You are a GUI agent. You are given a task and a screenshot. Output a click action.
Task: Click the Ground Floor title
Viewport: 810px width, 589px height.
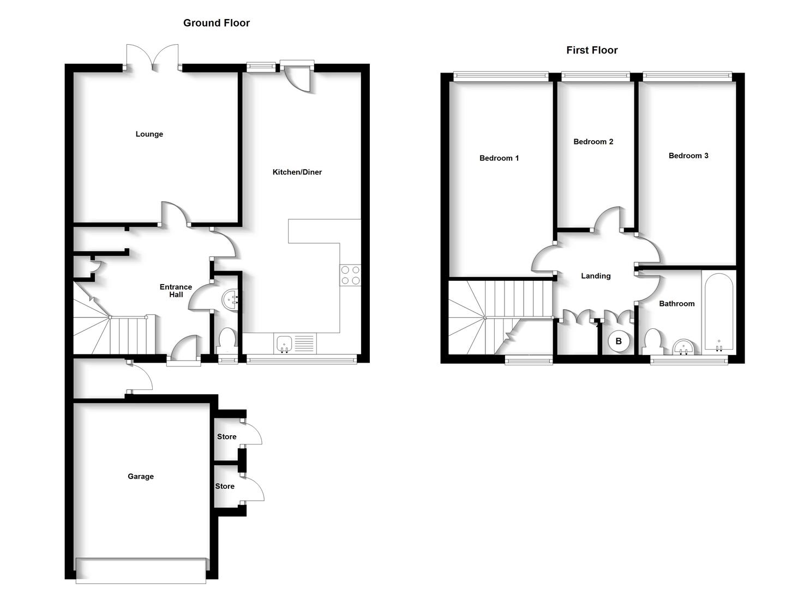pos(216,23)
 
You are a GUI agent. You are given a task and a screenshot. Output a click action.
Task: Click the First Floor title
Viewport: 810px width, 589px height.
pos(591,50)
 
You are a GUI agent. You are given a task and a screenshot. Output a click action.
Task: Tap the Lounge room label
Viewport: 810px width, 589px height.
pos(149,134)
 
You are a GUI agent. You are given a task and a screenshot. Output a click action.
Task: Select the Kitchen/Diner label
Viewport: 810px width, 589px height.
pos(297,172)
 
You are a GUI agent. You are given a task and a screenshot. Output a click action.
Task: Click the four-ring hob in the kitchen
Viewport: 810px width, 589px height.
pos(350,275)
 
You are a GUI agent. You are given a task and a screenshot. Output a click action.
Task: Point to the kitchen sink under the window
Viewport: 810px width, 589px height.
pos(285,344)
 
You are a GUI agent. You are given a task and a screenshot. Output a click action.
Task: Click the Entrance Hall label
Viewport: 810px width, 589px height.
pos(176,291)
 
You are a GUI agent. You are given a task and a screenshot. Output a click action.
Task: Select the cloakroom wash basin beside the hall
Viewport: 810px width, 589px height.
pos(230,299)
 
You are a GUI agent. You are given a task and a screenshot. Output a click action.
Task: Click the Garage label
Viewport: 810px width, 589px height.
pos(140,477)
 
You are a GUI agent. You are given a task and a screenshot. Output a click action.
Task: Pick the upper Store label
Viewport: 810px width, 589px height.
pos(226,437)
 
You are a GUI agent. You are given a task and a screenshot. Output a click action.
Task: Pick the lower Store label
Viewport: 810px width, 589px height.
pos(225,486)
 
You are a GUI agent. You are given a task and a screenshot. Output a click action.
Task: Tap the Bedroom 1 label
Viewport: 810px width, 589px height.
pos(499,158)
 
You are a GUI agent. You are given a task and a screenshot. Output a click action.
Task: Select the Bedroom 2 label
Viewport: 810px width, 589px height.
pos(593,142)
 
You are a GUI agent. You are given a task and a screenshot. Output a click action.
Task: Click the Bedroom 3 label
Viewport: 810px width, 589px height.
pos(688,156)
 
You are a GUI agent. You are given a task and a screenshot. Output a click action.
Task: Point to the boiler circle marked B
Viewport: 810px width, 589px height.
pos(619,341)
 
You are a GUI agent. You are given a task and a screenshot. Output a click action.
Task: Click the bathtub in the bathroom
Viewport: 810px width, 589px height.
pos(718,313)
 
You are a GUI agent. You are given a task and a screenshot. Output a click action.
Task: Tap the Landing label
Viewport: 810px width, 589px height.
pos(595,276)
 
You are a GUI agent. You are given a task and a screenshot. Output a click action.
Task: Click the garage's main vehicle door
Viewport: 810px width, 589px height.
pos(141,570)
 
